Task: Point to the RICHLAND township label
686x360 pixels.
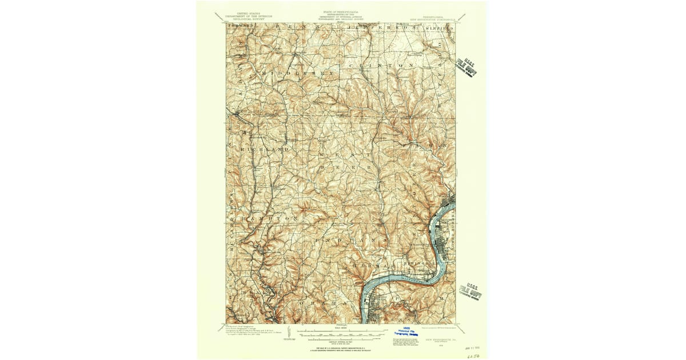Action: coord(266,149)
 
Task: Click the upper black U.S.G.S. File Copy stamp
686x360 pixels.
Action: coord(467,67)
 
